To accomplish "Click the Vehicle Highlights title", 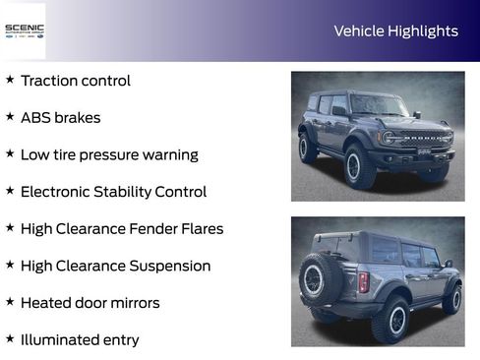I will click(x=395, y=30).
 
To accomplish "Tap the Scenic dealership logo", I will click(x=24, y=30).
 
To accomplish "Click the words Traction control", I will click(x=75, y=81).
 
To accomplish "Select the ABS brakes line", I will click(x=60, y=118).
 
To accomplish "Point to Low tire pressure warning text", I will click(x=109, y=154).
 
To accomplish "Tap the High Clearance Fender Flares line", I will click(x=122, y=229).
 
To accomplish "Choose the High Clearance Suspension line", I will click(x=115, y=266).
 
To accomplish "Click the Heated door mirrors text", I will click(x=90, y=303).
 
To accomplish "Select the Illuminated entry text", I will click(x=80, y=340).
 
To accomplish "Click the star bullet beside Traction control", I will click(x=10, y=80).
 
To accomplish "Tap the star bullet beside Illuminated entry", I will click(x=10, y=339).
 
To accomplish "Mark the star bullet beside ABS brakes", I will click(x=10, y=117).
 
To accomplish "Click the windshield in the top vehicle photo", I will click(x=379, y=104).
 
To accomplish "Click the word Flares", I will click(x=200, y=229).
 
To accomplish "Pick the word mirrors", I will click(x=133, y=303).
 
